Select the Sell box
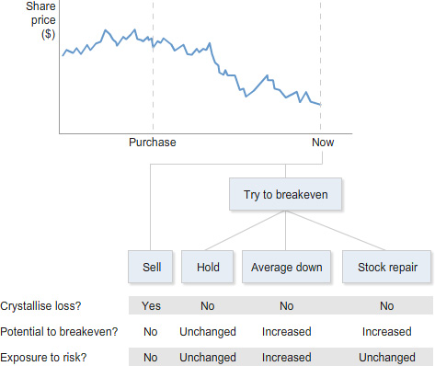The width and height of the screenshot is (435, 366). pos(152,268)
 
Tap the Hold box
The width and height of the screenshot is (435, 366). pos(208,268)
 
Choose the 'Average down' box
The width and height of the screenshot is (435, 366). pos(287,268)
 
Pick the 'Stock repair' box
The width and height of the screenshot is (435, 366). pos(386,268)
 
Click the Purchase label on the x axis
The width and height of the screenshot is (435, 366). pos(153,143)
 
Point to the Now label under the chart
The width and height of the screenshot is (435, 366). pos(323,143)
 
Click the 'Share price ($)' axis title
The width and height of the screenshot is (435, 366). pos(40,19)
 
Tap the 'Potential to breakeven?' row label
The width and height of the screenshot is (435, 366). pos(59,331)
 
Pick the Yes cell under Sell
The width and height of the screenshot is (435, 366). pos(152,305)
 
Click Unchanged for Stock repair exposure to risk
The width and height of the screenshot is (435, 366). pos(386,357)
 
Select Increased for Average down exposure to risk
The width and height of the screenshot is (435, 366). pos(287,357)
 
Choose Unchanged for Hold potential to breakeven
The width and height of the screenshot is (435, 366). pos(208,331)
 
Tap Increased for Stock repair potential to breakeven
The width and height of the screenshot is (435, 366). pos(386,331)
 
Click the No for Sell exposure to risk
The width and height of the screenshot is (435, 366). pos(152,357)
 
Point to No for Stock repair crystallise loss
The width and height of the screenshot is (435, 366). pos(386,305)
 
